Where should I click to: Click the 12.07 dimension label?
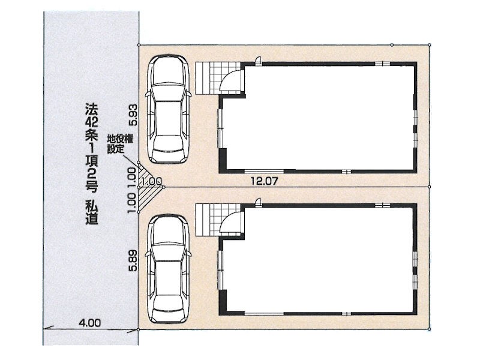point(264,181)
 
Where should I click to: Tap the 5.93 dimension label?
point(133,115)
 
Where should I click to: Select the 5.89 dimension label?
point(133,260)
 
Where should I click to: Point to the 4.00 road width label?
point(89,322)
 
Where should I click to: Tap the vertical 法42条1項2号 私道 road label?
point(92,163)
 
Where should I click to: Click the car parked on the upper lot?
point(168,109)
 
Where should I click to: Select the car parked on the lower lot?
point(168,269)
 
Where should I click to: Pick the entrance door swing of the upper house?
point(232,79)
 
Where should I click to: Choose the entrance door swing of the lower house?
point(232,223)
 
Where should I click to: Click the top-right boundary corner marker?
point(429,45)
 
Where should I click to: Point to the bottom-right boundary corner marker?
point(429,329)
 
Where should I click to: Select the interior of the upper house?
point(325,118)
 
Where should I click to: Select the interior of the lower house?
point(325,260)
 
